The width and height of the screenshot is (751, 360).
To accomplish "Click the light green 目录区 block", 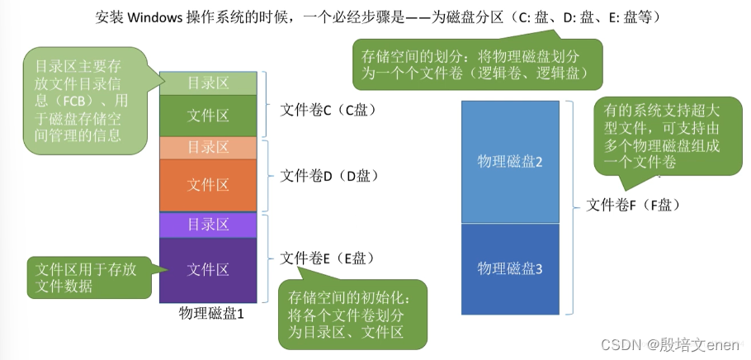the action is pyautogui.click(x=208, y=83).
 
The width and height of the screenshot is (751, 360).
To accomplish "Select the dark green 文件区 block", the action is pyautogui.click(x=208, y=116).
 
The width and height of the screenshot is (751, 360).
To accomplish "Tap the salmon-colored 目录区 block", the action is pyautogui.click(x=208, y=148).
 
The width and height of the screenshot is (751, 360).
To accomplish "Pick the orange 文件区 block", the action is pyautogui.click(x=208, y=184).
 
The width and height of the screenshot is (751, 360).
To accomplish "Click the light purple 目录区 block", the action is pyautogui.click(x=208, y=225).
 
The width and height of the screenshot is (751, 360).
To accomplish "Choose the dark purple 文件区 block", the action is pyautogui.click(x=208, y=269).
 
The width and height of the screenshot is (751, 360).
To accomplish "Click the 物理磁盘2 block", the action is pyautogui.click(x=510, y=161).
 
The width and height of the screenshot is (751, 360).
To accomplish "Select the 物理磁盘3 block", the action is pyautogui.click(x=510, y=268).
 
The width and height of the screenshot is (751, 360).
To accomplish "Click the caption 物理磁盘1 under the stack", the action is pyautogui.click(x=211, y=314).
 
